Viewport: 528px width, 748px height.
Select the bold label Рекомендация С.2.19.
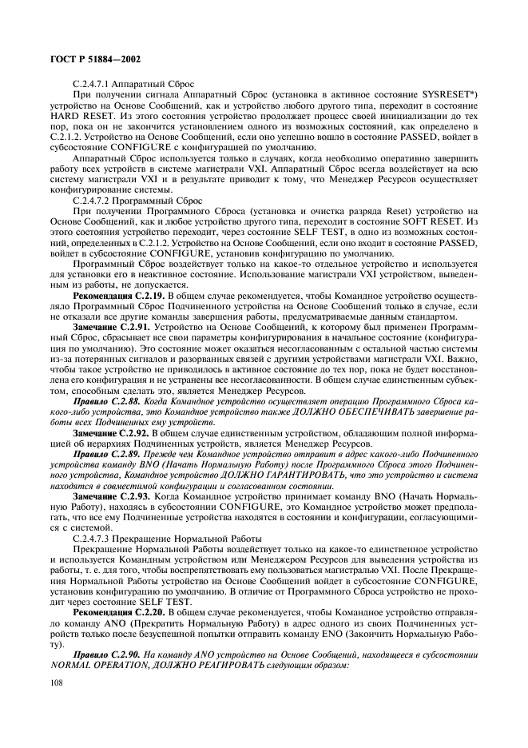tap(113, 294)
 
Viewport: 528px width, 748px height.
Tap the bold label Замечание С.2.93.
tap(107, 501)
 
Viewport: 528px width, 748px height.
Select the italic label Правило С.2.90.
tap(104, 656)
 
